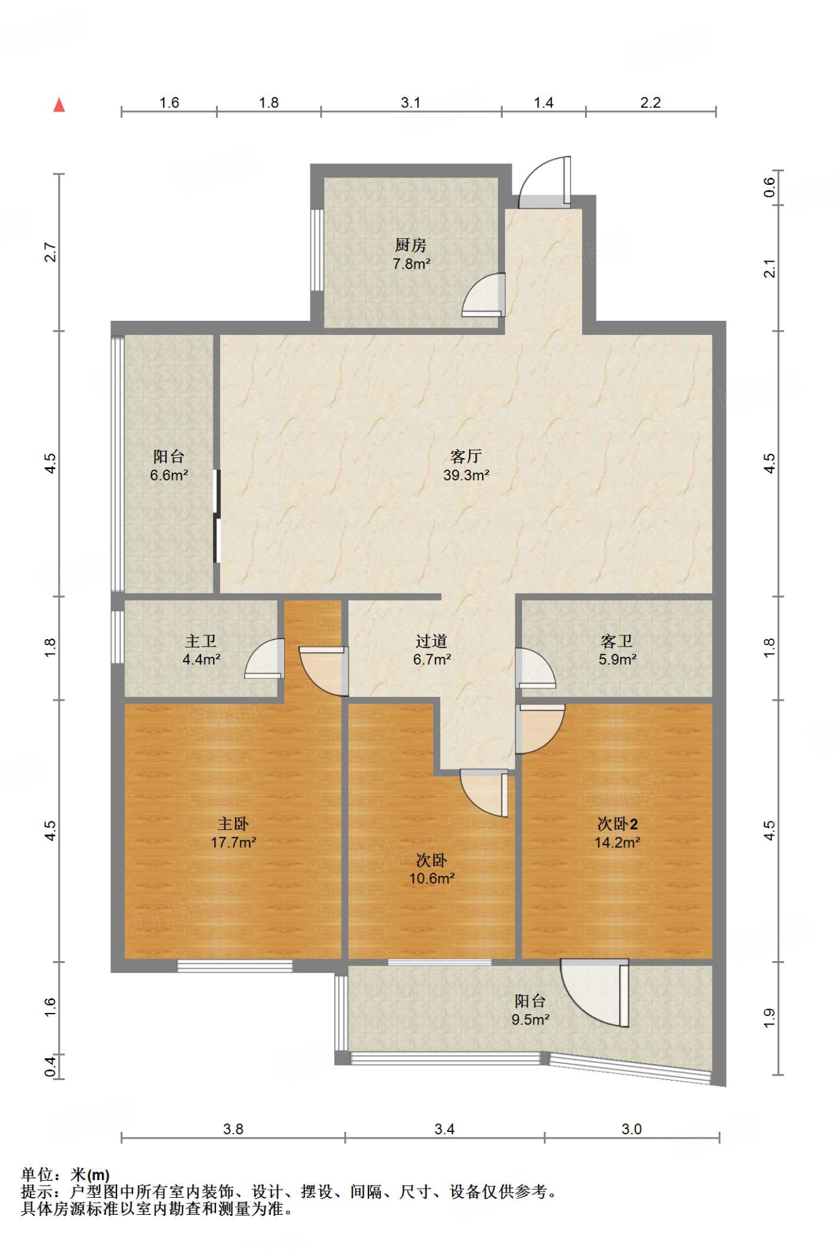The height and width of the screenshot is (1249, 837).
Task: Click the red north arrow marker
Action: click(59, 105)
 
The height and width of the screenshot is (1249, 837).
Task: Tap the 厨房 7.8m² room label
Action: click(411, 254)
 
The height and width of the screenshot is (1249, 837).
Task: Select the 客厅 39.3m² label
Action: click(466, 465)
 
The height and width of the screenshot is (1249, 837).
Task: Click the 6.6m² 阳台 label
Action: click(169, 465)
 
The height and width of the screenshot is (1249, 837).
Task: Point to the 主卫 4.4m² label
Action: click(201, 650)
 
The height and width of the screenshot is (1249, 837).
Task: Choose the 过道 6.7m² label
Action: click(432, 650)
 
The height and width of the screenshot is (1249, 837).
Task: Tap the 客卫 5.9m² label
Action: click(617, 650)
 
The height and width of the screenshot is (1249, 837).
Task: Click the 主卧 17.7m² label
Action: click(234, 833)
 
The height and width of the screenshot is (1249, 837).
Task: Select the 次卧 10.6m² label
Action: click(432, 869)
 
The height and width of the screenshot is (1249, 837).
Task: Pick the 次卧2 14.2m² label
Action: click(617, 833)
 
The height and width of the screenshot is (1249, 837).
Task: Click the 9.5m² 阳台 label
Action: click(530, 1010)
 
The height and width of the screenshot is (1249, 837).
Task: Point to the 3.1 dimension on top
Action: click(411, 102)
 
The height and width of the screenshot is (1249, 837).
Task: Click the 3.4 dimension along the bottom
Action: click(444, 1129)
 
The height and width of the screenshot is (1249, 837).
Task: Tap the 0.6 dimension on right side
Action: click(769, 187)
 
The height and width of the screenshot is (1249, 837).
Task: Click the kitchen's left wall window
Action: click(317, 250)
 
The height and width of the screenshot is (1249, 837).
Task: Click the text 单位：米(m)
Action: click(65, 1175)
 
